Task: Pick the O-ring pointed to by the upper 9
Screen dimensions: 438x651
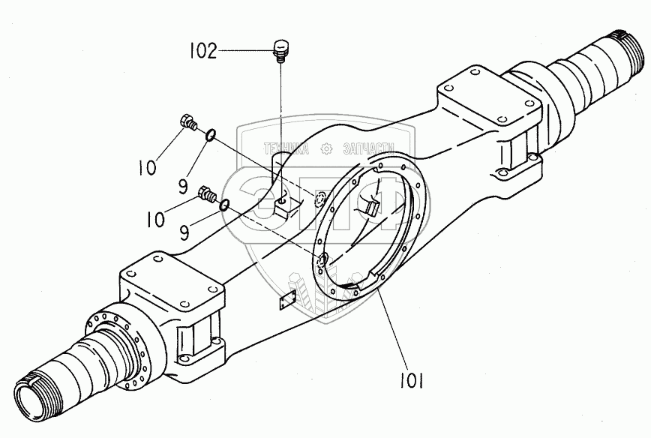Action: coord(211,135)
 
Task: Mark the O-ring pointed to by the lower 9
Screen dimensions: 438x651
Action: coord(224,205)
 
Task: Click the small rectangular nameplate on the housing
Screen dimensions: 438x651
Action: coord(286,303)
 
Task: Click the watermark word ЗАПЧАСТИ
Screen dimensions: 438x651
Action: coord(373,150)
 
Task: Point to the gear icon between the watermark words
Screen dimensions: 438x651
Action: coord(328,150)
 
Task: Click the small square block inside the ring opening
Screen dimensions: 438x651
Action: coord(373,208)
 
